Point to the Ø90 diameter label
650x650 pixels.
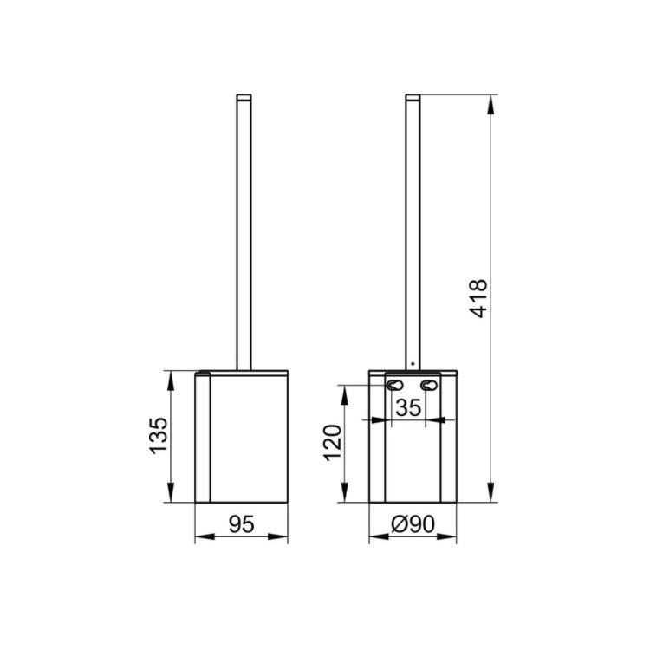tap(413, 523)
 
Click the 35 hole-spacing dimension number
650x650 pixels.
tap(411, 406)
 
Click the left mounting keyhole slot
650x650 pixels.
tap(395, 386)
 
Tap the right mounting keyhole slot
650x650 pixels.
tap(429, 386)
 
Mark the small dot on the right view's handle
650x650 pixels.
tap(413, 363)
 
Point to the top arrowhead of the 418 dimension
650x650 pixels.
tap(491, 103)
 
